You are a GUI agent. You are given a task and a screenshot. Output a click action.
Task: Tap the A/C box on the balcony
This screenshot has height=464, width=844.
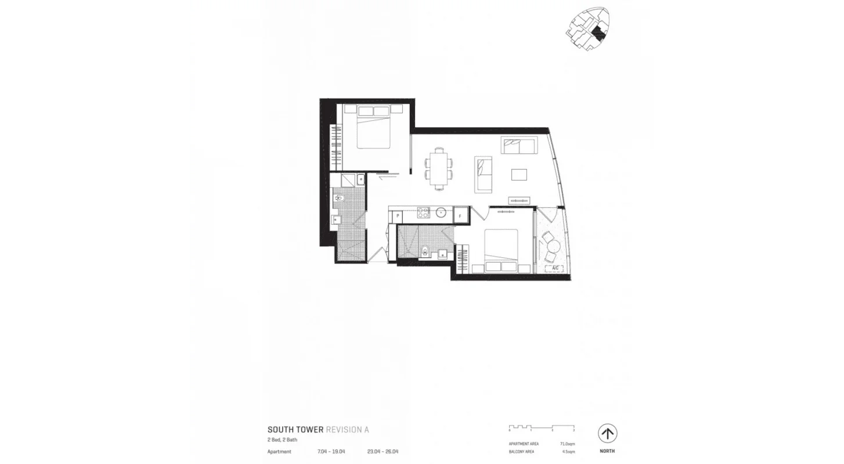click(x=555, y=268)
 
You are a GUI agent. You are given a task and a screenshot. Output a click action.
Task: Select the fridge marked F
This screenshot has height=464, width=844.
click(x=460, y=215)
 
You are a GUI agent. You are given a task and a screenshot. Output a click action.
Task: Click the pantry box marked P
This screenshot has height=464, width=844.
click(x=398, y=215)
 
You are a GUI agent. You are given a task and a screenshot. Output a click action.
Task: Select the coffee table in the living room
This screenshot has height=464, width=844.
click(x=519, y=174)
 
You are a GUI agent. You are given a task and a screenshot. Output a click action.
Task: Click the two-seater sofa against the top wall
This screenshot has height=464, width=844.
click(x=519, y=146)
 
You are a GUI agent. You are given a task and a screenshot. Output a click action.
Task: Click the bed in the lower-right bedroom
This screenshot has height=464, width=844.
click(x=501, y=250)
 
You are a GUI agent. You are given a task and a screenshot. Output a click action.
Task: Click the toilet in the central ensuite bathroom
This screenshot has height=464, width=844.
click(x=425, y=250)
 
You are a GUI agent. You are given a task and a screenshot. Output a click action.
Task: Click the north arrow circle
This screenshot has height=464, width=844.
click(x=607, y=433)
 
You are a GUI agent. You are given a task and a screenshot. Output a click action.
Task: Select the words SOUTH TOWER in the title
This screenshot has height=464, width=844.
click(x=295, y=430)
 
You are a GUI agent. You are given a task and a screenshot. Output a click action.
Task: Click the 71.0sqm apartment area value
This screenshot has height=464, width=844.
click(x=567, y=444)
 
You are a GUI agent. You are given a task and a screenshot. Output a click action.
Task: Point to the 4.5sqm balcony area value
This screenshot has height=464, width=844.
click(x=567, y=451)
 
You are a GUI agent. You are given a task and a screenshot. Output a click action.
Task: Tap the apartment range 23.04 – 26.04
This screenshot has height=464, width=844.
click(x=383, y=451)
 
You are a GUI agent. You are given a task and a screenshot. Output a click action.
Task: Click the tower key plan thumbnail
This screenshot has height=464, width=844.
click(x=587, y=29)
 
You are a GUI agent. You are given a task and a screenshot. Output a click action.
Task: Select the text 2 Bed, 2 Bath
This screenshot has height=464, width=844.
click(x=282, y=440)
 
